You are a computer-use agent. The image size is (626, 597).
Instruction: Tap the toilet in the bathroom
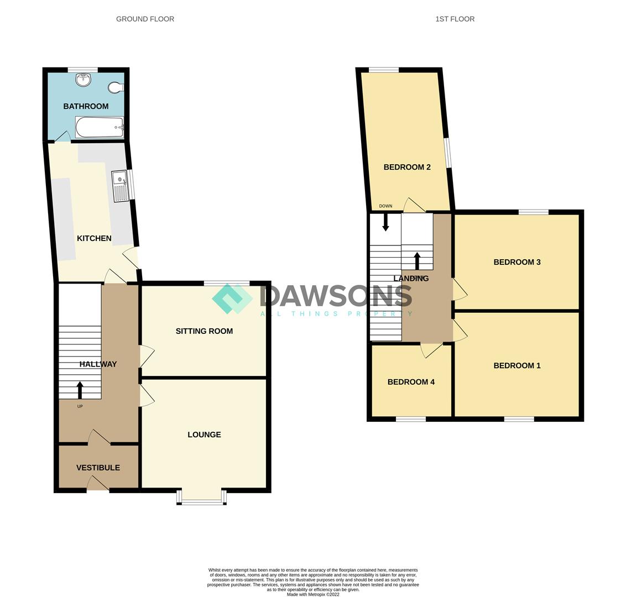coord(116,87)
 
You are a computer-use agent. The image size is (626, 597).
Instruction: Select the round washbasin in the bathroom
coord(83,80)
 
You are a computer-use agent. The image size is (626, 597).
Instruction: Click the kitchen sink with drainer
coord(120,186)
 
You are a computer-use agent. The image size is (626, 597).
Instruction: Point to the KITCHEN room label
coord(94,238)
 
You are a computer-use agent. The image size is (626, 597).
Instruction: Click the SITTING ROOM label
coord(204,331)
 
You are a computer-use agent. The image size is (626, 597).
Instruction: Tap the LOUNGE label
coord(204,434)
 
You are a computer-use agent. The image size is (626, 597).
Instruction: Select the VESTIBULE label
coord(98,468)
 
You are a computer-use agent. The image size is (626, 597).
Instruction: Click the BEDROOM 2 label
coord(407,167)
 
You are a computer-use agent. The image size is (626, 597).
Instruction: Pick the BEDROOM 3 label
coord(517,262)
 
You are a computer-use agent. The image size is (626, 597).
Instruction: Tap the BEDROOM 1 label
coord(517,365)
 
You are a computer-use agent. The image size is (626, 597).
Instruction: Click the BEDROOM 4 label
coord(411,382)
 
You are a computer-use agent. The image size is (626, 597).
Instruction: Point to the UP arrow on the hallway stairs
coord(80,390)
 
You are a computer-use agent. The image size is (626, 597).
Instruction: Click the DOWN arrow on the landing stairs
coord(385,222)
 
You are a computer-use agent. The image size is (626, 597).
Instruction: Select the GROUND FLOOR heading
coord(145,19)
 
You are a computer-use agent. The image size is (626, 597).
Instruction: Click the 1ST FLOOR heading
coord(455,19)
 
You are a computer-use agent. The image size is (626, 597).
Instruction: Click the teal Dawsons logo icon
coord(232,298)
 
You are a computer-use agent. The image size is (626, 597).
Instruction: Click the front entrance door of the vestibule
coord(98,485)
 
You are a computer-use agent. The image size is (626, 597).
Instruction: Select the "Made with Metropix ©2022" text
coord(313,594)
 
